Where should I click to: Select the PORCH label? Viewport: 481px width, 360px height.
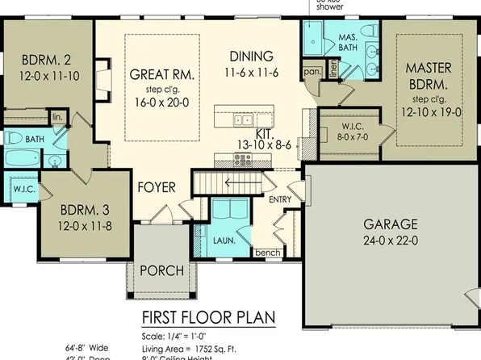(x=161, y=270)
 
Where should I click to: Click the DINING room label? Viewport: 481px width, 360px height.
(x=252, y=57)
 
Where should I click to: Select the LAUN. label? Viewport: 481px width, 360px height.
(x=223, y=239)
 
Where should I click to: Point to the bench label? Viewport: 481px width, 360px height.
(x=267, y=253)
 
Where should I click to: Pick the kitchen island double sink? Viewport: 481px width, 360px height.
(x=242, y=120)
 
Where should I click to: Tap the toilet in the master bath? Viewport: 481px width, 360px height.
(x=370, y=31)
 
